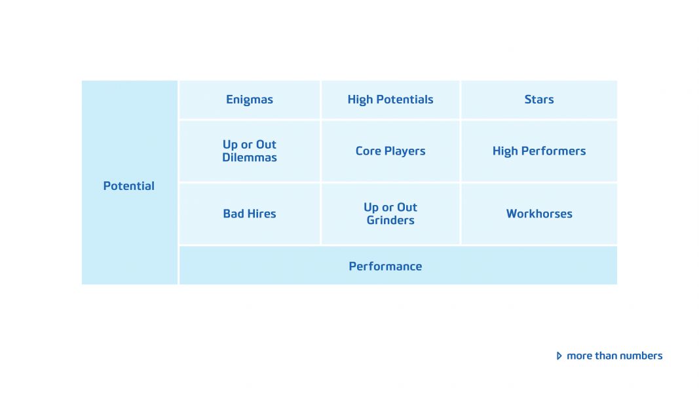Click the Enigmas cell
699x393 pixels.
250,100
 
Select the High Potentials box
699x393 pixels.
390,100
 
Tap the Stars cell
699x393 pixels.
539,100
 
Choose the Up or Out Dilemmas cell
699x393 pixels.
250,151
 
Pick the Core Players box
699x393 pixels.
390,151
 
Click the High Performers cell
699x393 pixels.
539,151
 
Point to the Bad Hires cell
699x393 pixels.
250,214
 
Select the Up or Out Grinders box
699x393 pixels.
390,214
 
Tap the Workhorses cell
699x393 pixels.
539,214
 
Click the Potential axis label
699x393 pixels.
129,186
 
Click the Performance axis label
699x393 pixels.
385,266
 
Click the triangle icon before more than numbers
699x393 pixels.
559,356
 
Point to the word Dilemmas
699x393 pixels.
250,158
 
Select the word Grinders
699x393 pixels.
390,221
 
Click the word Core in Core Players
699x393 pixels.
368,151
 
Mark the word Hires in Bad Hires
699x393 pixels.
261,214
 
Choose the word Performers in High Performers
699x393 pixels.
554,151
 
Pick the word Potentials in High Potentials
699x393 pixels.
405,100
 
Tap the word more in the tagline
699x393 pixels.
579,356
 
